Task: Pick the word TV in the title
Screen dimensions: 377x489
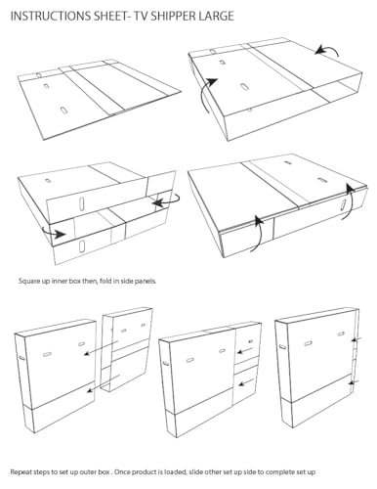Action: [x=139, y=16]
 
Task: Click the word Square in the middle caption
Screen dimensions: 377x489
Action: [x=29, y=281]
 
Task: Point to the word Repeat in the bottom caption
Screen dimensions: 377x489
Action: [x=21, y=471]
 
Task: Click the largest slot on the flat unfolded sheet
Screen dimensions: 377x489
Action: [x=63, y=111]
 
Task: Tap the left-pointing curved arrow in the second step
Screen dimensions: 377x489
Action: [x=327, y=51]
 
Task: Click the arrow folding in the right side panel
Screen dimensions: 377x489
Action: [x=166, y=200]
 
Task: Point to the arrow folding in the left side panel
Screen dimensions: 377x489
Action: [x=55, y=232]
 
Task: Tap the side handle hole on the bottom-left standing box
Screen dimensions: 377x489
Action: [x=21, y=358]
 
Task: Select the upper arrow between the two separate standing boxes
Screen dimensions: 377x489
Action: [x=102, y=348]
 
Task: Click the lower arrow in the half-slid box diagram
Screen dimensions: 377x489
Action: [x=246, y=382]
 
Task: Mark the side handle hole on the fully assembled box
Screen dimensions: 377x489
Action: [x=282, y=346]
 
